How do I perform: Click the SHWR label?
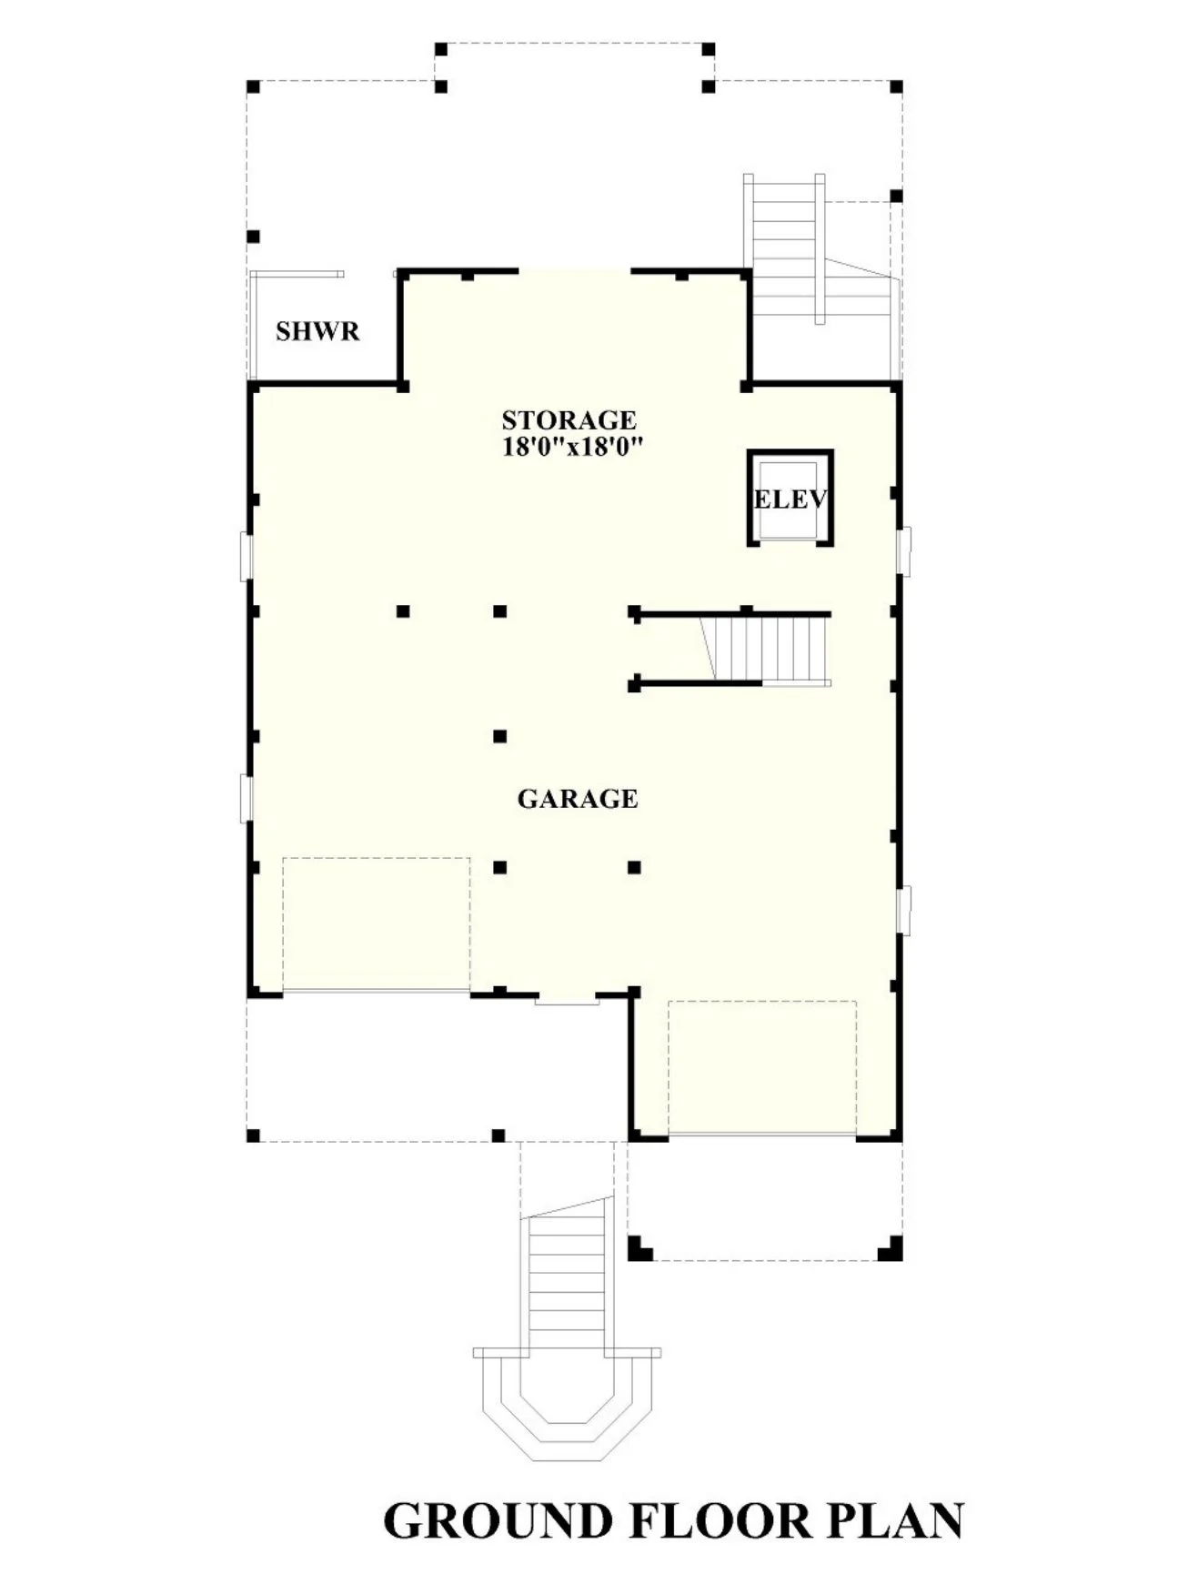(x=317, y=331)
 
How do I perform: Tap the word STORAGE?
(x=569, y=420)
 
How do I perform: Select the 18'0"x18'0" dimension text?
(x=573, y=447)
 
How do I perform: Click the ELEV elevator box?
(x=790, y=498)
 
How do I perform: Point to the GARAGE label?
(x=577, y=799)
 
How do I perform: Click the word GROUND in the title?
(x=498, y=1520)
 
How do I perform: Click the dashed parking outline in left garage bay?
(x=376, y=923)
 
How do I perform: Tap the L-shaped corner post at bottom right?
(x=891, y=1248)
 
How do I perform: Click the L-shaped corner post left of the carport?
(x=639, y=1248)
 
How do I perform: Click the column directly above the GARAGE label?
(x=499, y=736)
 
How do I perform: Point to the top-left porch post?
(x=254, y=87)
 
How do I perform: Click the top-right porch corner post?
(x=896, y=87)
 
